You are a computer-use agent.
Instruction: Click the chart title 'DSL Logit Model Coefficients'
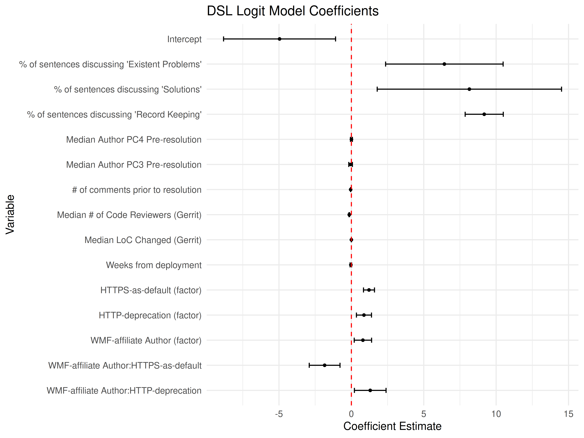click(x=292, y=11)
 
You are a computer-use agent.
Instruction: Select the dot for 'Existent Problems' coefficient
click(x=444, y=64)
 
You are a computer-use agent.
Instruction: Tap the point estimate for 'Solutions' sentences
click(x=469, y=89)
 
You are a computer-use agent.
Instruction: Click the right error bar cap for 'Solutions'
click(x=561, y=89)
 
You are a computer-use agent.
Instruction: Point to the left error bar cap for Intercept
click(x=224, y=39)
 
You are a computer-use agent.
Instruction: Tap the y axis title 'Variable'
click(x=10, y=214)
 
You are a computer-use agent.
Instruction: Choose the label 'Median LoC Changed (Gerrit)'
click(x=143, y=240)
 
